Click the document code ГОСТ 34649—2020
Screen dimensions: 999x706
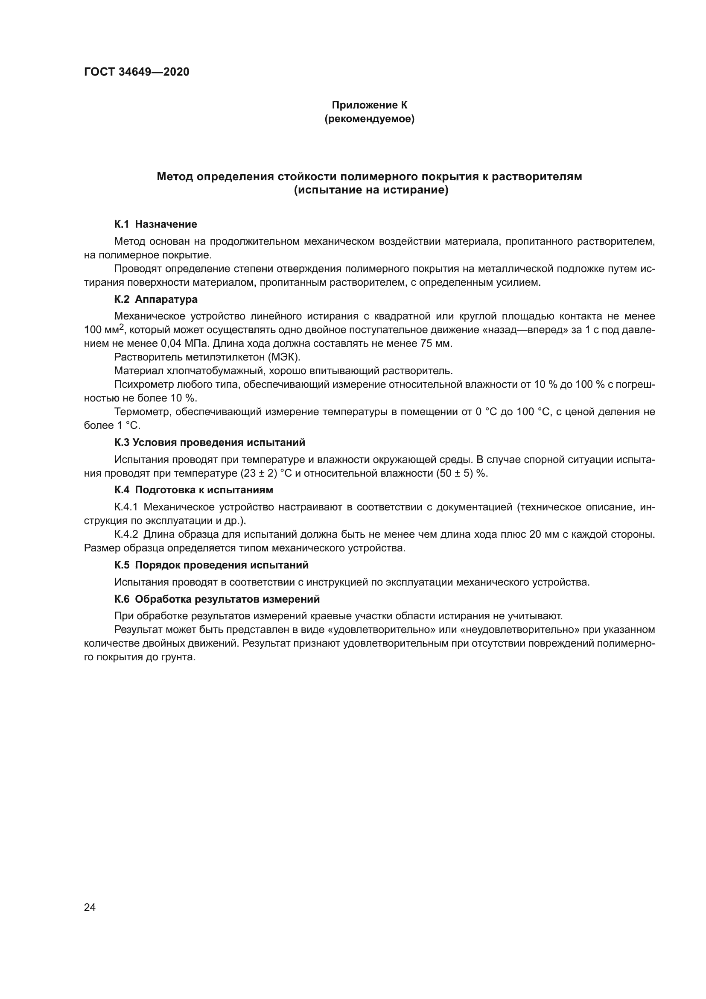pos(137,72)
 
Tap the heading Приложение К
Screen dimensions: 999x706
pos(370,105)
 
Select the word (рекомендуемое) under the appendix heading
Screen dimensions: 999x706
pos(370,119)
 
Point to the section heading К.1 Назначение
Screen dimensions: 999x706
pos(155,224)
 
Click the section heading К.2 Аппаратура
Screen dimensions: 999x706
pos(156,299)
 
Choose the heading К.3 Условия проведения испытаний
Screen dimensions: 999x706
pos(210,442)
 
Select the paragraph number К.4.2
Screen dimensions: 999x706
pos(126,534)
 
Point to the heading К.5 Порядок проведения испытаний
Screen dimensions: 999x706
pos(211,565)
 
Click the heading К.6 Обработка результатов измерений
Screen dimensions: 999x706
pos(217,599)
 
